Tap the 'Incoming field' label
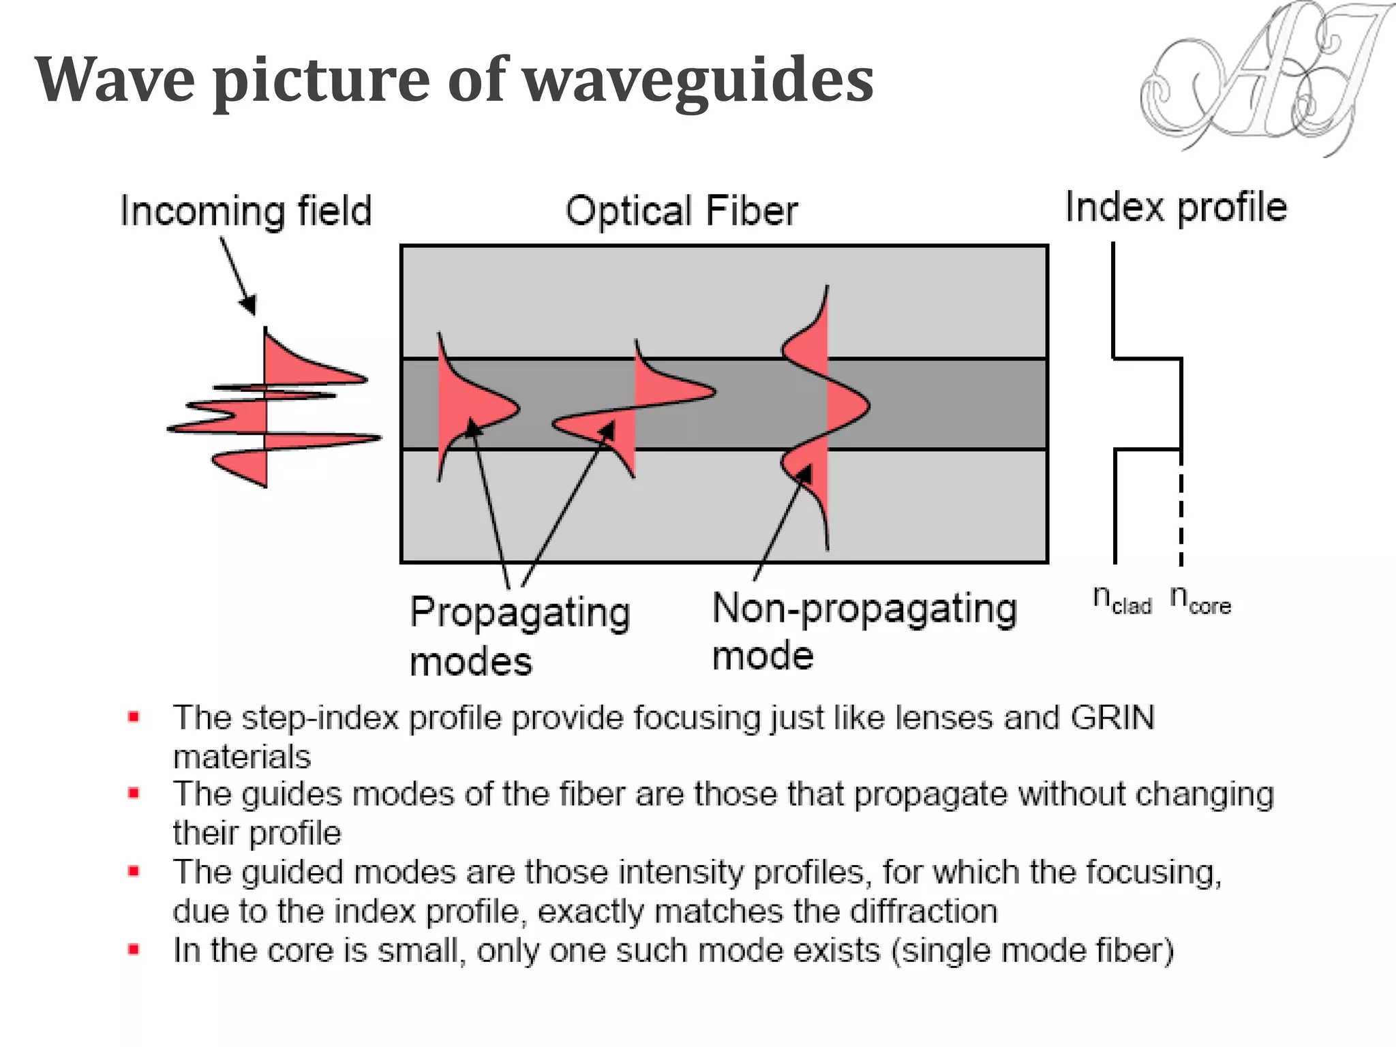pos(246,211)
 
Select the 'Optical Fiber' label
pos(681,211)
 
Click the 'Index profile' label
pos(1176,207)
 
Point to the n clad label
pos(1122,600)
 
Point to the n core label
pos(1200,600)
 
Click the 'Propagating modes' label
pos(519,634)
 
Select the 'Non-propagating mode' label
pos(864,631)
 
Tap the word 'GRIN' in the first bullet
pos(1112,718)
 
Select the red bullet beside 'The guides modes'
pos(134,793)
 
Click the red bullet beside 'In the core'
pos(134,950)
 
